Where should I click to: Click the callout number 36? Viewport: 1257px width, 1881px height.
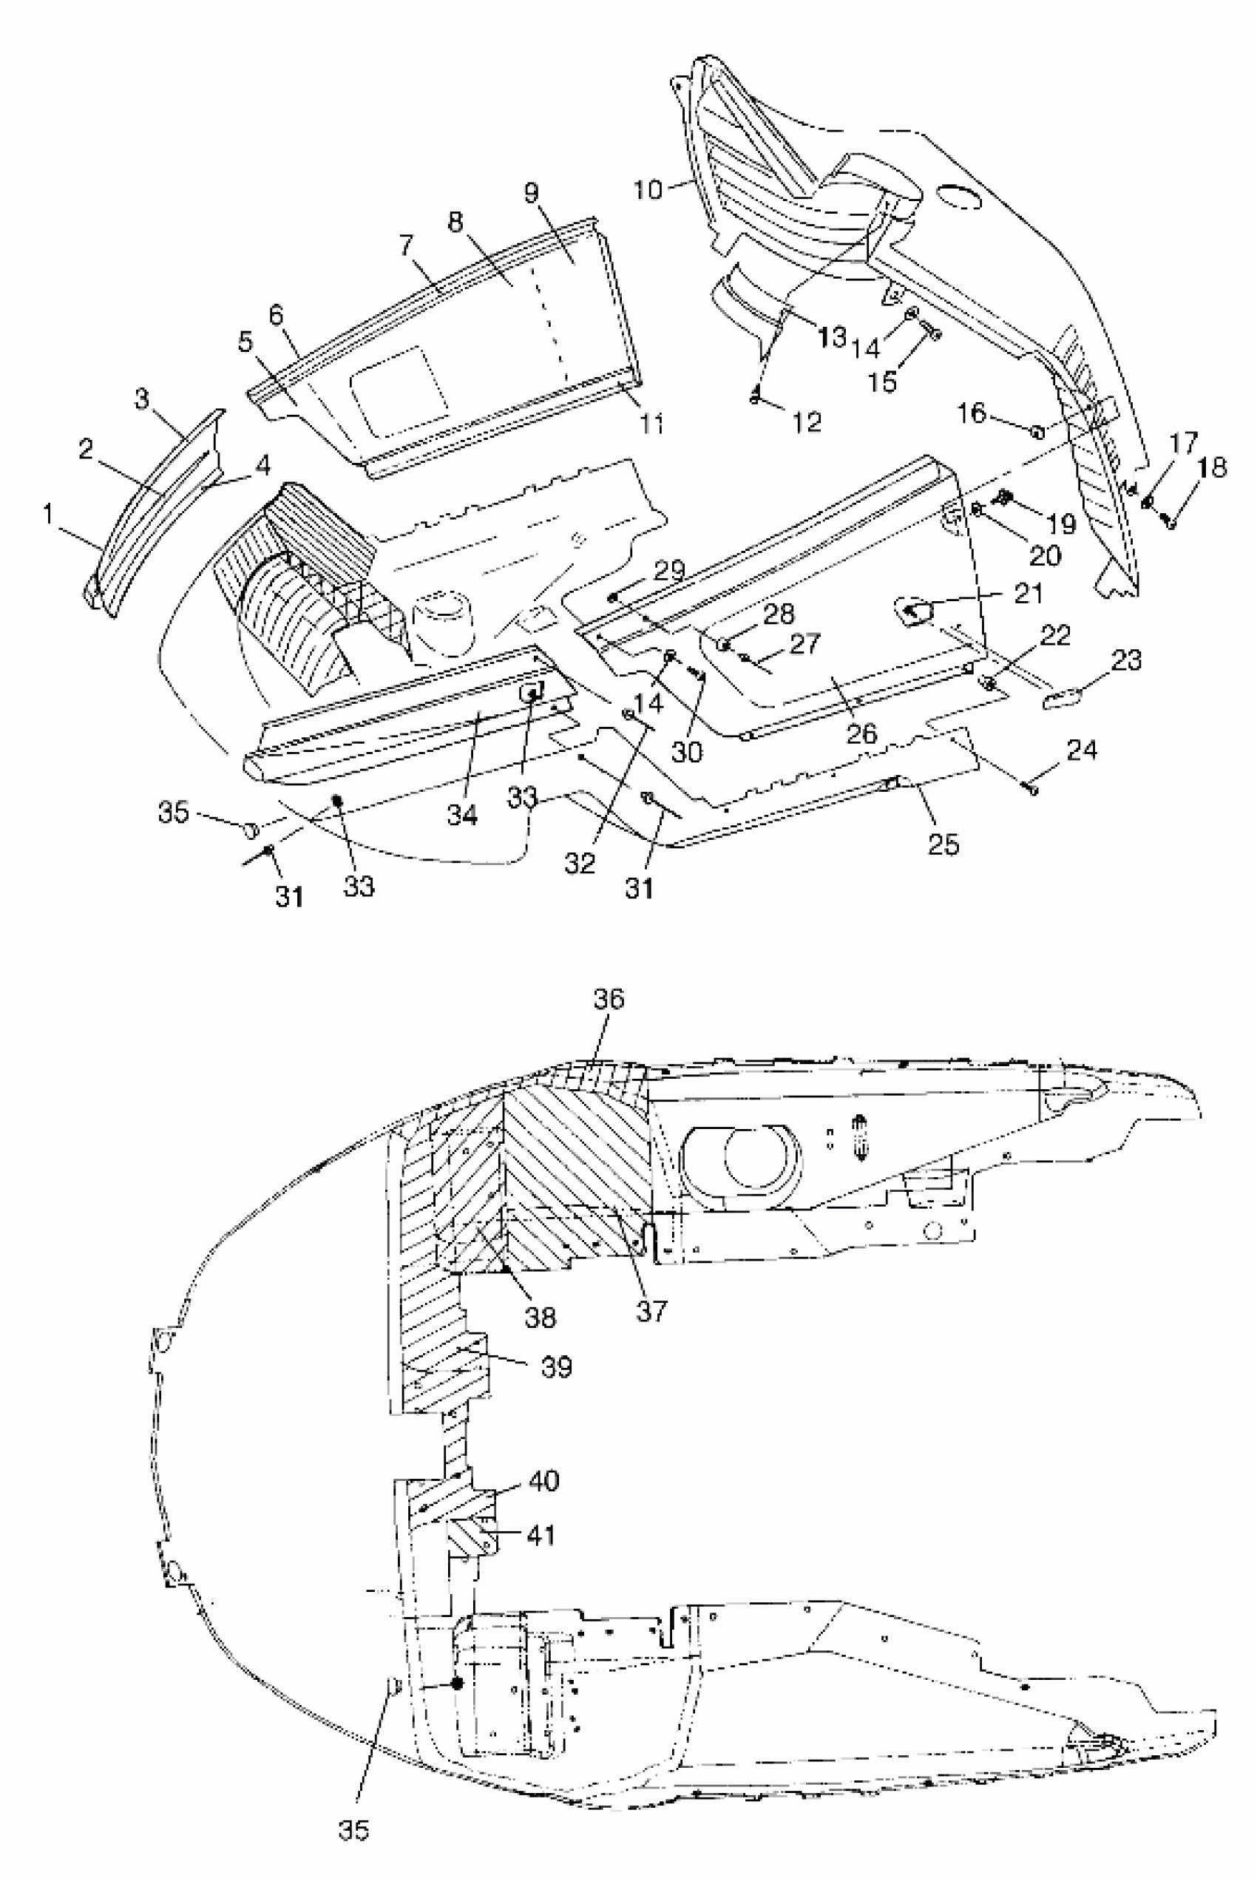[x=609, y=999]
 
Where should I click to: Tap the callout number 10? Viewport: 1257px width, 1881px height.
[x=648, y=190]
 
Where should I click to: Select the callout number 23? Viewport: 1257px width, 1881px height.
[x=1126, y=660]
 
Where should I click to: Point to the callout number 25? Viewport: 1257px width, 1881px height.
[x=943, y=844]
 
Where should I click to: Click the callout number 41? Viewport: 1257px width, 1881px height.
[x=541, y=1535]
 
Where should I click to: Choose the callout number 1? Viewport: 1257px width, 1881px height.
[x=48, y=514]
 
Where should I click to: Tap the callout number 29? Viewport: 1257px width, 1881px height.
[x=669, y=571]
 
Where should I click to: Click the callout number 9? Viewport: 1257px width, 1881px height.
[x=532, y=193]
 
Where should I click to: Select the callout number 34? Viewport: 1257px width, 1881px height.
[x=461, y=815]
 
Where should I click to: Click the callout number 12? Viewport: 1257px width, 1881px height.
[x=807, y=421]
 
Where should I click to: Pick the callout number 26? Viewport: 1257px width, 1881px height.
[x=861, y=733]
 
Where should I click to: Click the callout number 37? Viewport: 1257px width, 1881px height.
[x=651, y=1310]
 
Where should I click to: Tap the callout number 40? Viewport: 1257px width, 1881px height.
[x=543, y=1480]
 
